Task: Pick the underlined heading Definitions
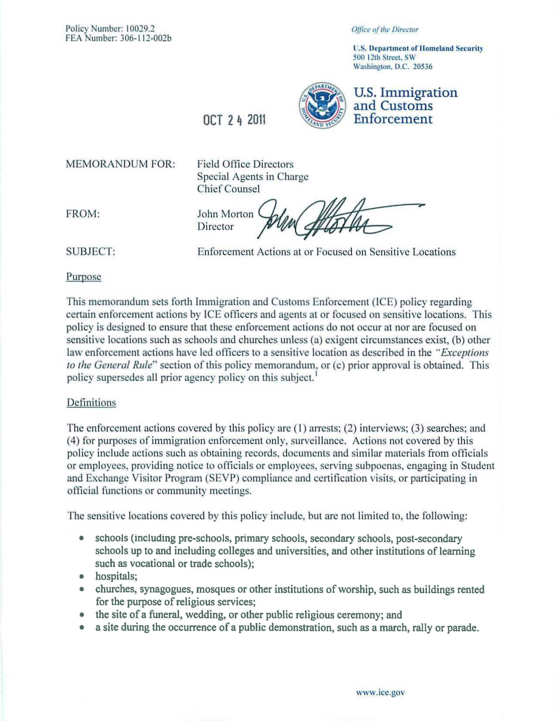tap(91, 403)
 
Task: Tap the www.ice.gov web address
tap(380, 683)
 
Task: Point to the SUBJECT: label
tap(90, 252)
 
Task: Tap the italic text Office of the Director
tap(385, 30)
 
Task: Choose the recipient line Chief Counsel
tap(228, 189)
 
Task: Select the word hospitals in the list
tap(116, 576)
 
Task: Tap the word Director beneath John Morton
tap(215, 227)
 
